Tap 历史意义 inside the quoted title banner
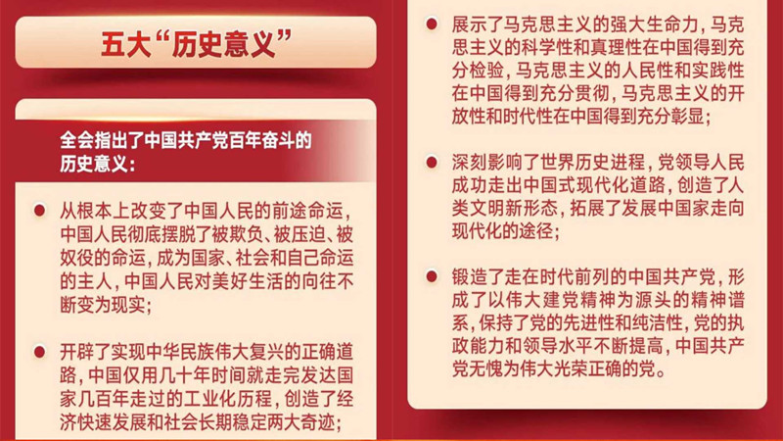coord(224,44)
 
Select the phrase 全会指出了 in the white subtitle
coord(102,140)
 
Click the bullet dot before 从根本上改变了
coord(39,211)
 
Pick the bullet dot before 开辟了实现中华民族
coord(39,352)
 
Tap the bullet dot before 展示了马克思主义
coord(432,24)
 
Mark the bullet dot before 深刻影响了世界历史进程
coord(432,162)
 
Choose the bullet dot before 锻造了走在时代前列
coord(432,276)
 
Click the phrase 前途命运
coord(307,212)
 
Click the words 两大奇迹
coord(299,422)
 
